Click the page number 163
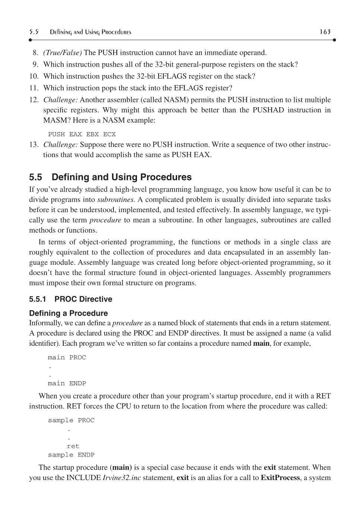(x=325, y=32)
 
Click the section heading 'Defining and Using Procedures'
(x=121, y=177)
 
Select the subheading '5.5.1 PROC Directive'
(x=70, y=299)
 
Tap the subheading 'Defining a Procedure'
(x=69, y=313)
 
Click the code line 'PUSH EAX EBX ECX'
(x=82, y=134)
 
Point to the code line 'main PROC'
(x=67, y=358)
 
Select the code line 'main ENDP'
(x=67, y=383)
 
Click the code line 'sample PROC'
(x=71, y=421)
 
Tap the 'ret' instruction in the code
(x=73, y=446)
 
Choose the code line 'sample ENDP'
(x=71, y=455)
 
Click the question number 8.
(x=35, y=52)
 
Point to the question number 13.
(x=34, y=144)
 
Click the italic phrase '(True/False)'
(x=63, y=52)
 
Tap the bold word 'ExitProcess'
(x=280, y=477)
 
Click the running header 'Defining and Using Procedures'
(x=90, y=32)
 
